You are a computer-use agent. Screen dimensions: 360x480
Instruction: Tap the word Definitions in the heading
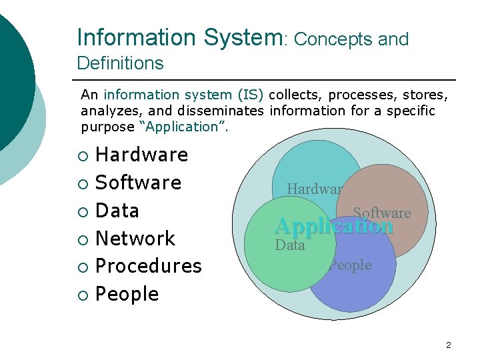coord(120,63)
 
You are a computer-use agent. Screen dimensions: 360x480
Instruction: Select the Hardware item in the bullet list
coord(142,155)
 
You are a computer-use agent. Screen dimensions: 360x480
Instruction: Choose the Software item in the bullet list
coord(139,183)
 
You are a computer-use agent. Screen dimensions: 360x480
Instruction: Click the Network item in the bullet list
coord(135,238)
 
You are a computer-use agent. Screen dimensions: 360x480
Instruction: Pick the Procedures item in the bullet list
coord(149,266)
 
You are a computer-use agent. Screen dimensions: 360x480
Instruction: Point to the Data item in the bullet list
coord(117,211)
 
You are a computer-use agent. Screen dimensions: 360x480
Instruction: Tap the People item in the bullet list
coord(127,294)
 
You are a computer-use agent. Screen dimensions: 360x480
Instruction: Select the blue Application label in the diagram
coord(334,226)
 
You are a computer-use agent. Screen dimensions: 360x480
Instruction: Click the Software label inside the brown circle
coord(382,213)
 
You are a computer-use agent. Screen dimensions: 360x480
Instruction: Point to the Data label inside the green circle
coord(290,245)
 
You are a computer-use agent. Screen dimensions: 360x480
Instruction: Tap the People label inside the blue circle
coord(351,265)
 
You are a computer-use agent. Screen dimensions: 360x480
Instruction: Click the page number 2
coord(448,345)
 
